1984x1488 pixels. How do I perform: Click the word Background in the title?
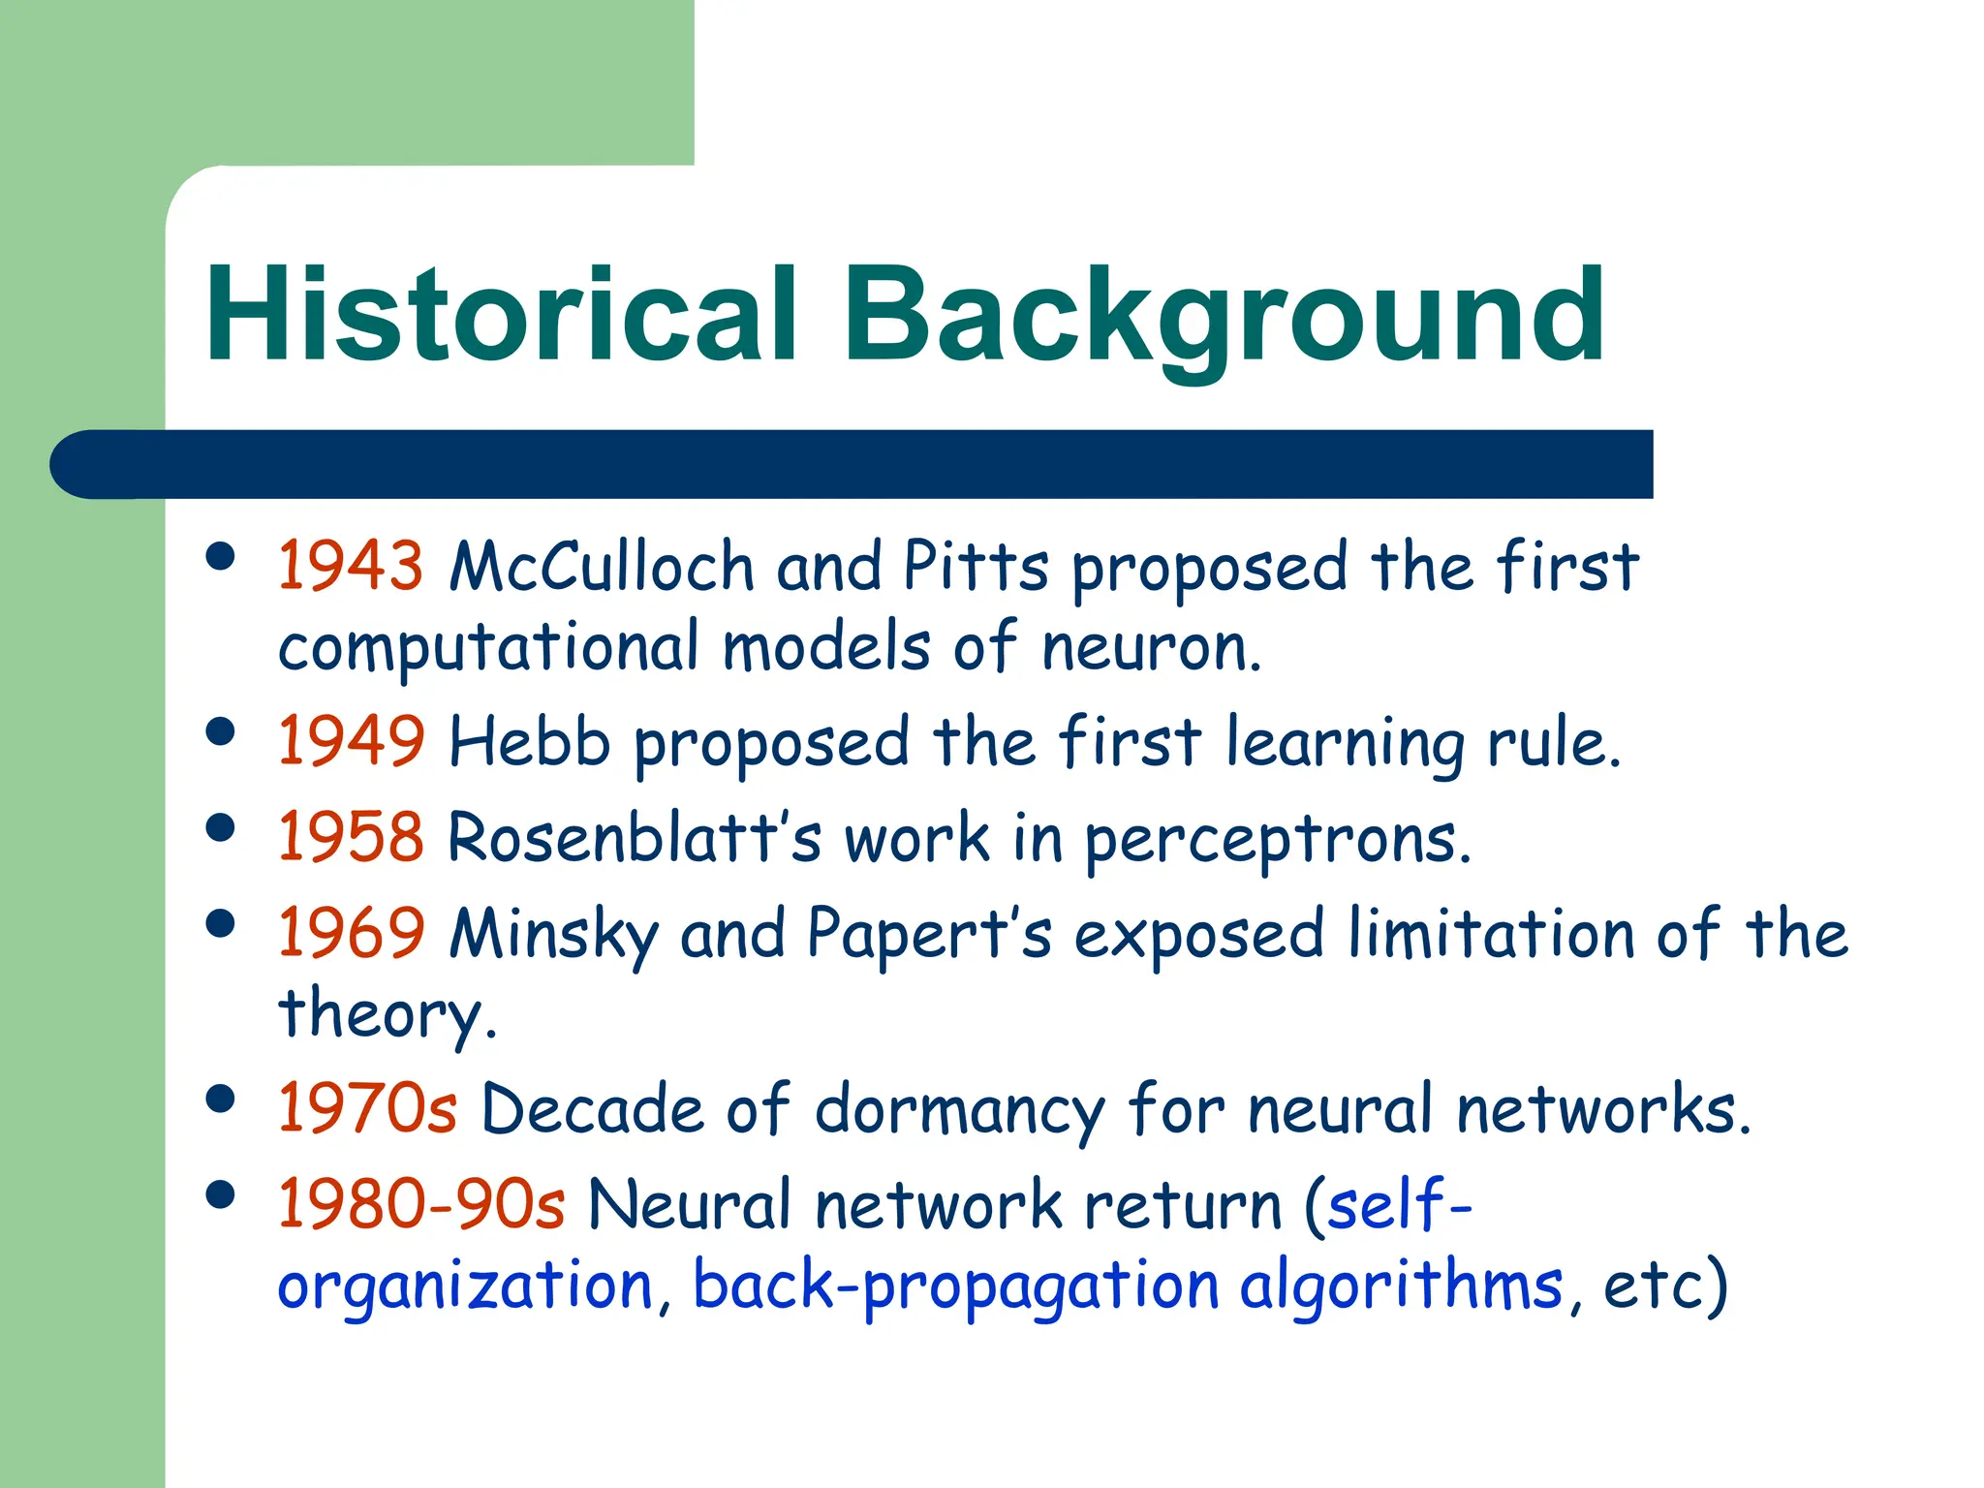click(x=1224, y=315)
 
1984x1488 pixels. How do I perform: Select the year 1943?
click(x=351, y=566)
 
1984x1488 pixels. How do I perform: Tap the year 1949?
click(x=351, y=742)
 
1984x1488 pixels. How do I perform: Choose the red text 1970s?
click(x=367, y=1108)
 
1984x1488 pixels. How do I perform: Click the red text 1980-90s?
click(x=421, y=1204)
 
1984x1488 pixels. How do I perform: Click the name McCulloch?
click(x=602, y=566)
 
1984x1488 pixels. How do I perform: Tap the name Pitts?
click(x=976, y=566)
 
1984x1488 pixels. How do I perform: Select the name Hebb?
click(x=529, y=742)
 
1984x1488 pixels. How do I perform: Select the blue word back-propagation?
click(x=955, y=1286)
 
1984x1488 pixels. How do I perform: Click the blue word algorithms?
click(x=1401, y=1286)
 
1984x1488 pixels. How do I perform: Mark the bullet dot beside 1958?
click(x=221, y=828)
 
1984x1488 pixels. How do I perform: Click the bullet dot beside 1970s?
click(x=221, y=1099)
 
